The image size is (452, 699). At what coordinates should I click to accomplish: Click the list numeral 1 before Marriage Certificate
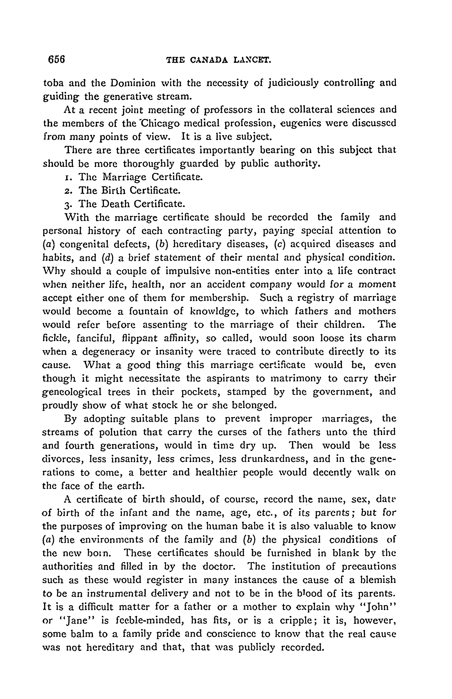[66, 177]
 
